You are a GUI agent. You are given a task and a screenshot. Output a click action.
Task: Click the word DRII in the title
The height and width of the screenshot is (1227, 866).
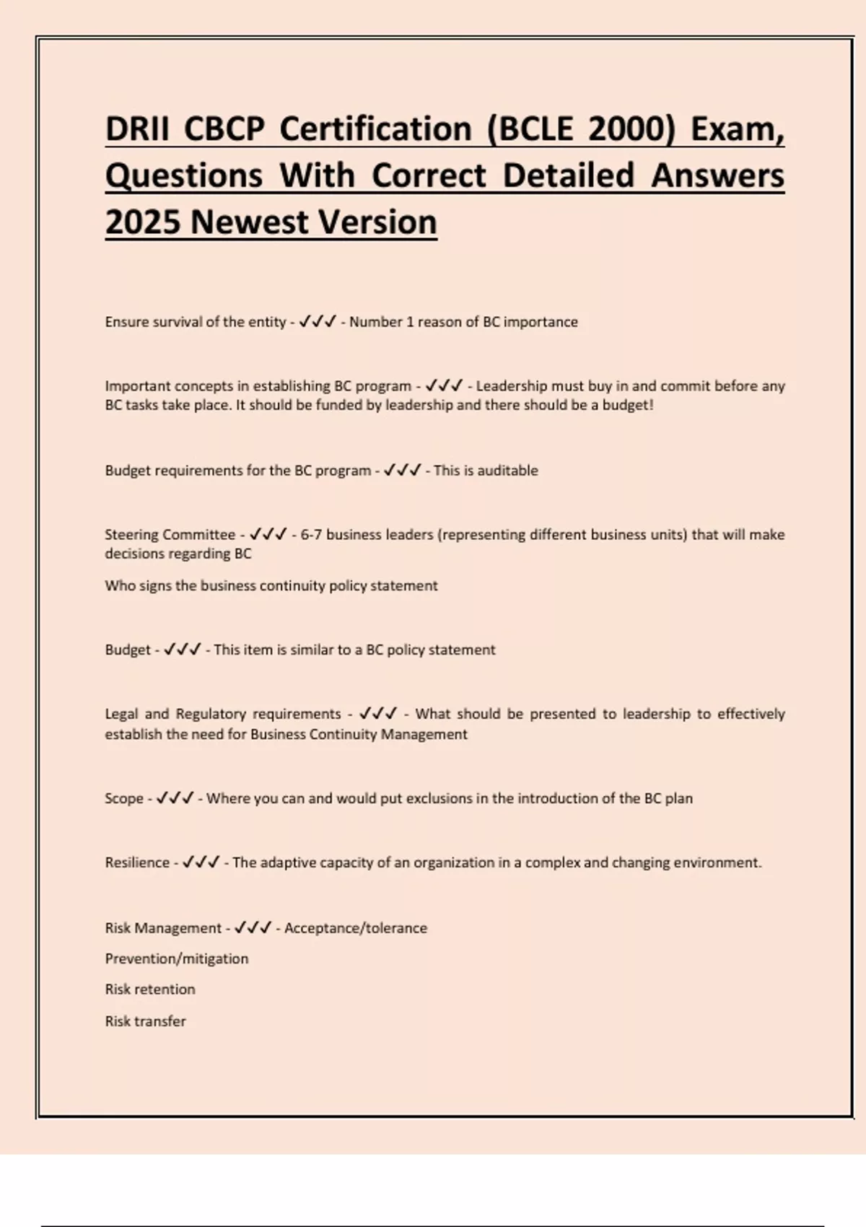click(x=136, y=129)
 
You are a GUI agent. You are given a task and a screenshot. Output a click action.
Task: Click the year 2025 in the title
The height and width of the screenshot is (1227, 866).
click(x=142, y=222)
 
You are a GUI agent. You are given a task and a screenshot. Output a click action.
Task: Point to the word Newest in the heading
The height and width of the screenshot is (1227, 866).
click(x=248, y=222)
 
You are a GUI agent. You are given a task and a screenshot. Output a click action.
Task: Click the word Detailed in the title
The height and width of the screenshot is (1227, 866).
click(x=569, y=175)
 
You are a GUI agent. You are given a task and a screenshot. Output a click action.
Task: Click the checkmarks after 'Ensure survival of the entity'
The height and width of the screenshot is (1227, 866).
click(x=318, y=322)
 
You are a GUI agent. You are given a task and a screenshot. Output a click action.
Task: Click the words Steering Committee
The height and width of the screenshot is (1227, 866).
click(x=170, y=535)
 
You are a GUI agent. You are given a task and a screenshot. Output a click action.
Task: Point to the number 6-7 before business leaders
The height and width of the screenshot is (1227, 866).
click(x=311, y=535)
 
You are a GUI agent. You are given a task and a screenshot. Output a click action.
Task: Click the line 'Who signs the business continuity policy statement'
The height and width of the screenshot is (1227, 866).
click(x=271, y=585)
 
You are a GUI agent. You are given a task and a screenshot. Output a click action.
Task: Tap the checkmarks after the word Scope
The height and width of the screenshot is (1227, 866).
click(x=175, y=798)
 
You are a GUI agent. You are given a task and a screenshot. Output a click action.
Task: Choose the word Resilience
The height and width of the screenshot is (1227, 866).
click(x=137, y=863)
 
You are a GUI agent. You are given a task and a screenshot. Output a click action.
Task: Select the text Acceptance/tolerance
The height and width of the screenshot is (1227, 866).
click(x=356, y=928)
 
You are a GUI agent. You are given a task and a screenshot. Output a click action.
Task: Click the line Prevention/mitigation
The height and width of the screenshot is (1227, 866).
click(x=177, y=959)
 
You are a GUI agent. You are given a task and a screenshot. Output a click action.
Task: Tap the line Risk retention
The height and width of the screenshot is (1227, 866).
click(x=150, y=990)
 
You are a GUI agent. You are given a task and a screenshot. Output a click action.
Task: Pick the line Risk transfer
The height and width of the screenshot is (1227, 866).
click(x=146, y=1021)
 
